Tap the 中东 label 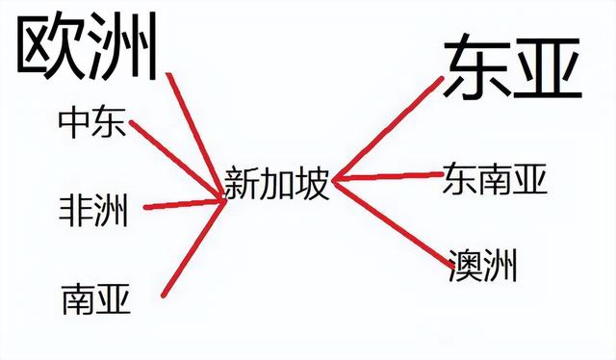[91, 122]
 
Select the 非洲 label [92, 210]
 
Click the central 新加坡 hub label [276, 182]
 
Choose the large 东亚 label [512, 68]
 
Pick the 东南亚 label [495, 178]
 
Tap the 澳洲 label [482, 265]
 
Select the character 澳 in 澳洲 [465, 265]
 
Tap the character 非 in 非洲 [76, 210]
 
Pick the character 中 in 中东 [74, 122]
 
